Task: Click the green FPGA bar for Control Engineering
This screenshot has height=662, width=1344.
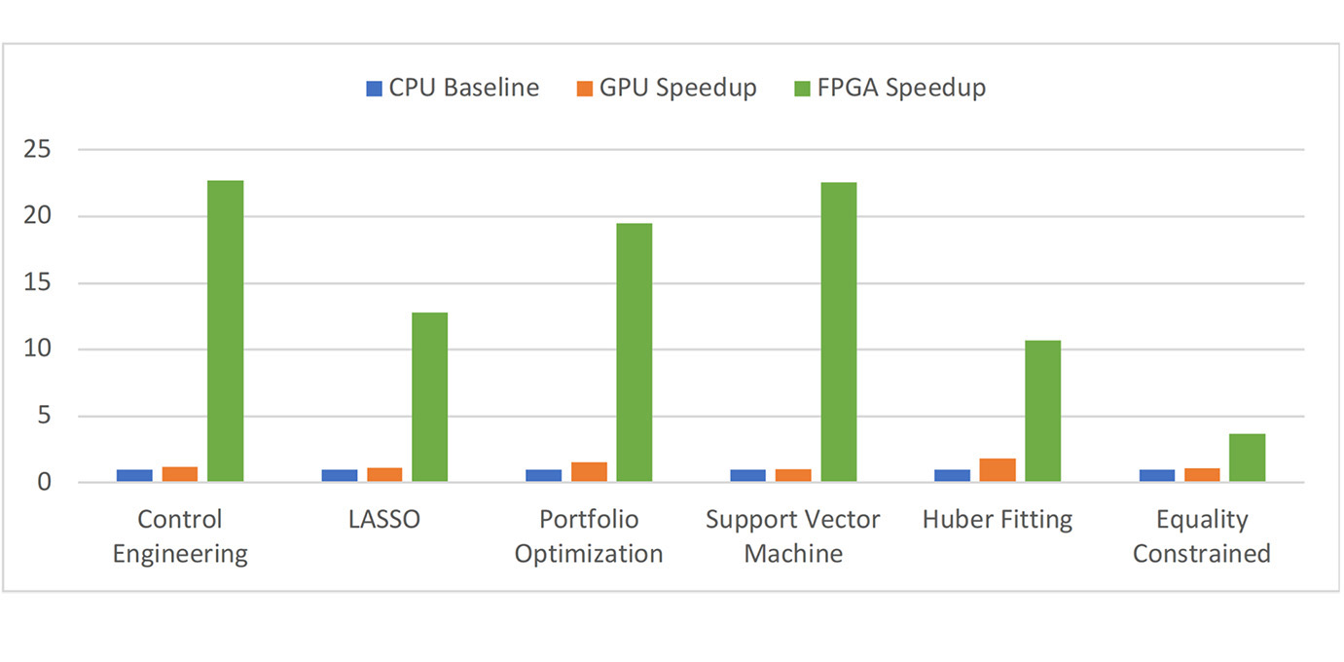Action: point(225,331)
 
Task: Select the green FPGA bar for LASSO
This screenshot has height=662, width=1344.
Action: point(429,397)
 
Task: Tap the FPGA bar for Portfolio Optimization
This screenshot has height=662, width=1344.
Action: point(634,352)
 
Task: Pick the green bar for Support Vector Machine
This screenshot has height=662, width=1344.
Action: point(838,332)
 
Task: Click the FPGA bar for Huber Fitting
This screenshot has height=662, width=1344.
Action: point(1042,411)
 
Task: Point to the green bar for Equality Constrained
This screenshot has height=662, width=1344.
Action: point(1247,458)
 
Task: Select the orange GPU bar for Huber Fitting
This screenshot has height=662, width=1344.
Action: point(998,470)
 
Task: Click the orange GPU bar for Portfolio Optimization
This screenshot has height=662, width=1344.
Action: point(589,472)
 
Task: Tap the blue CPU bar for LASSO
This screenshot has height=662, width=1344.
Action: point(340,476)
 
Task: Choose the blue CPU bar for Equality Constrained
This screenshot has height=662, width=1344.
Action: point(1157,476)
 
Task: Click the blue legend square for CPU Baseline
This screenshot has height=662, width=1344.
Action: point(374,89)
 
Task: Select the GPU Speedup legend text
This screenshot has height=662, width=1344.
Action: point(677,88)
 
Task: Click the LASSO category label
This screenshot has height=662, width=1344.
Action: point(384,520)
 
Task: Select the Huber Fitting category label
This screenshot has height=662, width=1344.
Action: point(998,520)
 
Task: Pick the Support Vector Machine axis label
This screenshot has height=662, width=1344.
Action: point(792,536)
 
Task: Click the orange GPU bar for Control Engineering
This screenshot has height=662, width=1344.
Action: point(180,474)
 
